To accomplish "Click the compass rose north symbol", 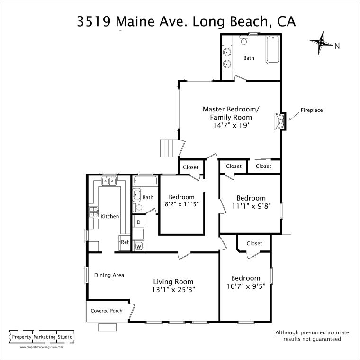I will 321,43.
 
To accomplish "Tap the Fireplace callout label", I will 311,110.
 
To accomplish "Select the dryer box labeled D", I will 138,222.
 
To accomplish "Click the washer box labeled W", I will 139,246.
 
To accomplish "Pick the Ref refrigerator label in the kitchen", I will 125,242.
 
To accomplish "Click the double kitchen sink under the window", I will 110,181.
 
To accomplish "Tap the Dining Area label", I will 109,275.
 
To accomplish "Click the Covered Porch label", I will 107,311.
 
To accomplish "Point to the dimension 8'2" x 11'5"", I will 181,204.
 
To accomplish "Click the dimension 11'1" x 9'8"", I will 251,206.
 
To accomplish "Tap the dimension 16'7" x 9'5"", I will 245,286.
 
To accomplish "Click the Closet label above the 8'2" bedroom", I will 191,167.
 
